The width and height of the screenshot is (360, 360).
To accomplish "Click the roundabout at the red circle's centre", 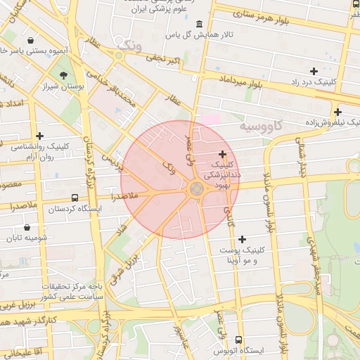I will (x=195, y=188).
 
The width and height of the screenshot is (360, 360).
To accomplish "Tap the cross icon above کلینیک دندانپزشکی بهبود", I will (x=223, y=154).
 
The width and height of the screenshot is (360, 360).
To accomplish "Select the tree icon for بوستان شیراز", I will (x=65, y=75).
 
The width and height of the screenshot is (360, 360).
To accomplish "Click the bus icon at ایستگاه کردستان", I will (x=75, y=198).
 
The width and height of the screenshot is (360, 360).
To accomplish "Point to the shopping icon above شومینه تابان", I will (x=27, y=227).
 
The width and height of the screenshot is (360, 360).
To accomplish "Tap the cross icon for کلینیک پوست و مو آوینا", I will (x=243, y=240).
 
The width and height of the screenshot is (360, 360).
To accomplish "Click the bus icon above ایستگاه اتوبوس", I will (x=238, y=339).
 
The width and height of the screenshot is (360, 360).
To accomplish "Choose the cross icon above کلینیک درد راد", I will (x=314, y=71).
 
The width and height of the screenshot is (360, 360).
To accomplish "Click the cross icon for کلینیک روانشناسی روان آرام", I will (x=39, y=136).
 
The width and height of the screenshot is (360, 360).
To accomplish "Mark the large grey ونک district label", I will (x=130, y=44).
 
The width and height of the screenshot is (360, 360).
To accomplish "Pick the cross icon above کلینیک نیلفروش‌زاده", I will (x=337, y=112).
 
